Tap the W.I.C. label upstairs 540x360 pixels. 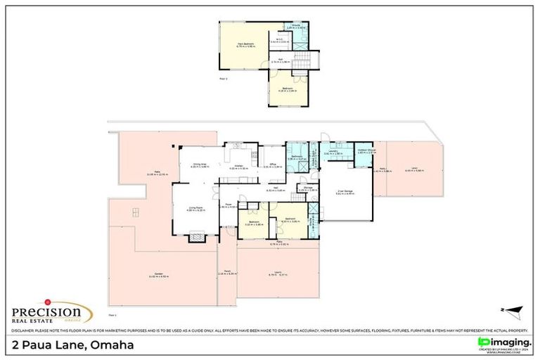(279, 40)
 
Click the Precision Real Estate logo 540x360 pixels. (50, 312)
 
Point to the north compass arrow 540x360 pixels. (515, 309)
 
